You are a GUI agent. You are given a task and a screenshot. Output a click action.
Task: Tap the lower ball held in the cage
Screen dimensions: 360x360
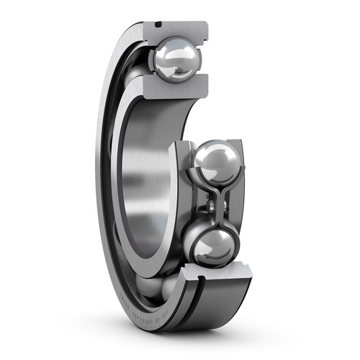point(212,246)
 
